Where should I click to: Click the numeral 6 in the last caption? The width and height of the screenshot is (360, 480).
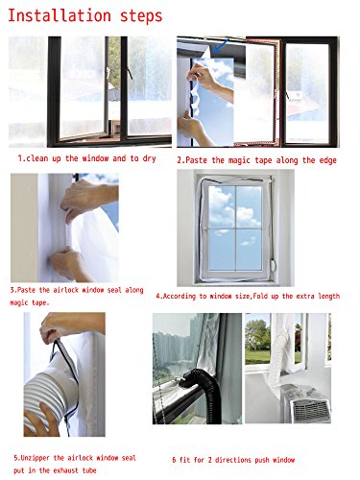[x=175, y=460]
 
